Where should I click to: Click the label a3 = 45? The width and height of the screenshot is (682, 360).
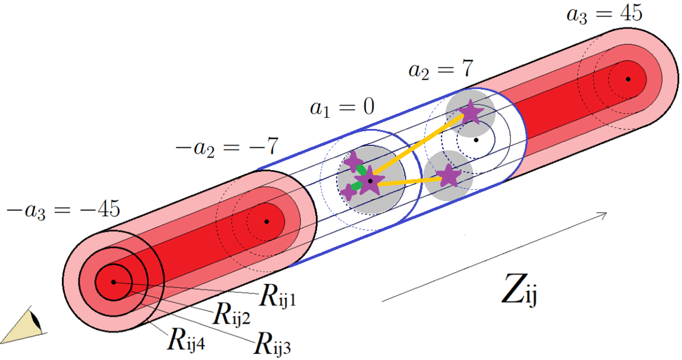[604, 14]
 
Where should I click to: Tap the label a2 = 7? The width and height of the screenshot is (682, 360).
[441, 69]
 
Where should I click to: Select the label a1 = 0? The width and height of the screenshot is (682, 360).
[342, 107]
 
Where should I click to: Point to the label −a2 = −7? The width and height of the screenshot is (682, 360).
[227, 147]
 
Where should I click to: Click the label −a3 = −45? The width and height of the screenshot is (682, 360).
[63, 210]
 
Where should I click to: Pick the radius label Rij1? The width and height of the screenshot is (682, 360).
[277, 297]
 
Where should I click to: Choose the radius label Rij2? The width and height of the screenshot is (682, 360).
[231, 315]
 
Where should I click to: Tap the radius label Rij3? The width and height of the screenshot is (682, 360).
[272, 344]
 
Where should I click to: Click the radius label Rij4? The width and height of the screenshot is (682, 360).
[186, 340]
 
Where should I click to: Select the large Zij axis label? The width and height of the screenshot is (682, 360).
[519, 290]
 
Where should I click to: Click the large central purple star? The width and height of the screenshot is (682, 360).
[369, 181]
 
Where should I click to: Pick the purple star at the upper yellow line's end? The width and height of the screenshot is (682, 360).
[471, 112]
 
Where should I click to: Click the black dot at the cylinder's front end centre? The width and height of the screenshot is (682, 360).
[114, 282]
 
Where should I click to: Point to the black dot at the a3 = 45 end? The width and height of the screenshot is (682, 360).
[628, 79]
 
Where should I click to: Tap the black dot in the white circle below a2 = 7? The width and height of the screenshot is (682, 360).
[476, 140]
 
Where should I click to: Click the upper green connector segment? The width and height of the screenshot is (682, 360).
[361, 169]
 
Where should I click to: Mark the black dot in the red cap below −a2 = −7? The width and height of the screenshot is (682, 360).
[267, 221]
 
